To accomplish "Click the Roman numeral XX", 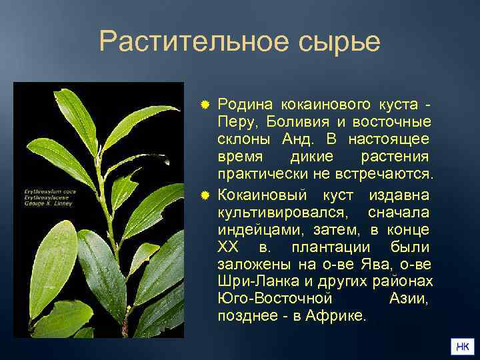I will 227,247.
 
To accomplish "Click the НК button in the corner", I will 461,347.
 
